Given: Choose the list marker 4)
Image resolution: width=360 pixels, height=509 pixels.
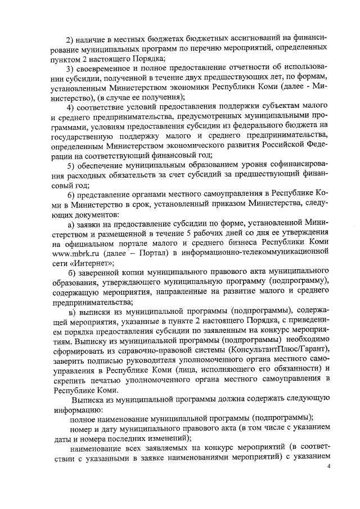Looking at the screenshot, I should pos(71,107).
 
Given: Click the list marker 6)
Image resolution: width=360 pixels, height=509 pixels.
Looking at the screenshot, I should pos(71,195).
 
